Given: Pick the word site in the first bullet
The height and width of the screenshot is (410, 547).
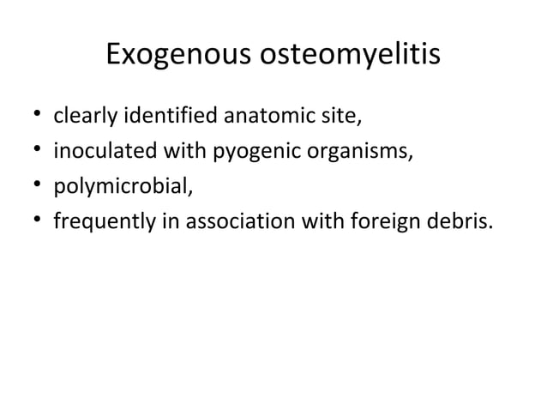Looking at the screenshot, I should coord(298,115).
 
